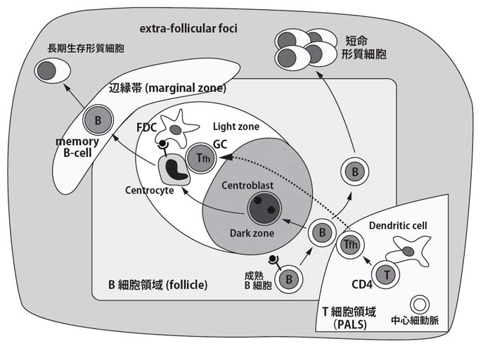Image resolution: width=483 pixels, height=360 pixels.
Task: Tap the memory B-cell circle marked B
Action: point(98,120)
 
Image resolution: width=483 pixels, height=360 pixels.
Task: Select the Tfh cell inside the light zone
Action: point(200,157)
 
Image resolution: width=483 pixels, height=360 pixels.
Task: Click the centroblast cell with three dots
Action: point(263,208)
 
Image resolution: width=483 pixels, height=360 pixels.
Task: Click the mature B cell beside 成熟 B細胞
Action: point(289,279)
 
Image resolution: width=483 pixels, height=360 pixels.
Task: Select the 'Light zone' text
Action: point(236,127)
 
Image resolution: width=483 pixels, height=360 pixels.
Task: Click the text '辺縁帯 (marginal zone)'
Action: point(167,89)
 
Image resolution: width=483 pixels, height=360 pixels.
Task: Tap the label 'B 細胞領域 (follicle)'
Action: point(157,285)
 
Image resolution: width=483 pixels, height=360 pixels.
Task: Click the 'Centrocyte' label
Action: point(149,191)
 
